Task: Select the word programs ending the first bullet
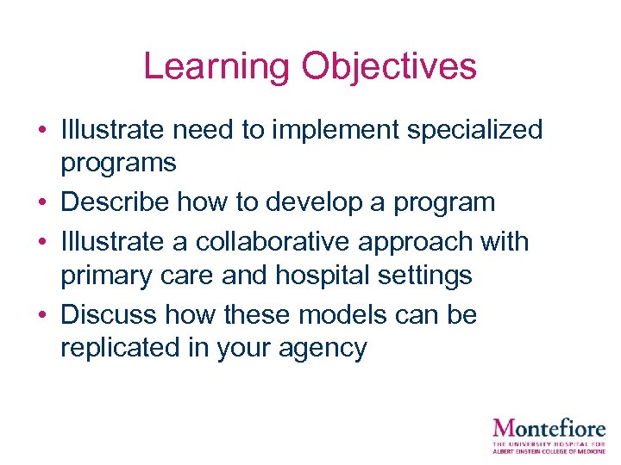[x=118, y=163]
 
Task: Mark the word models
[x=339, y=315]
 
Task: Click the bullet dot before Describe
[x=41, y=203]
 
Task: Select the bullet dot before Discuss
[x=41, y=316]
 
